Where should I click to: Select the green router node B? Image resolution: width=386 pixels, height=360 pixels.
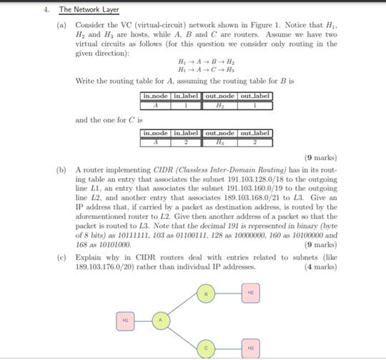click(x=205, y=294)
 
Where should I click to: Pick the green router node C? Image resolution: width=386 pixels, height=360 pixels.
click(x=205, y=349)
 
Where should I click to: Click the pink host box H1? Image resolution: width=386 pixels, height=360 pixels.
click(x=125, y=321)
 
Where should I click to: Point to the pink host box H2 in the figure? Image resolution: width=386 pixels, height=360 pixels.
click(x=250, y=293)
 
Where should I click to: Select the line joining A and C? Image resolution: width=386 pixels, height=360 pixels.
click(x=183, y=335)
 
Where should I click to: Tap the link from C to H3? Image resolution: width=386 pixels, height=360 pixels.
click(x=227, y=349)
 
